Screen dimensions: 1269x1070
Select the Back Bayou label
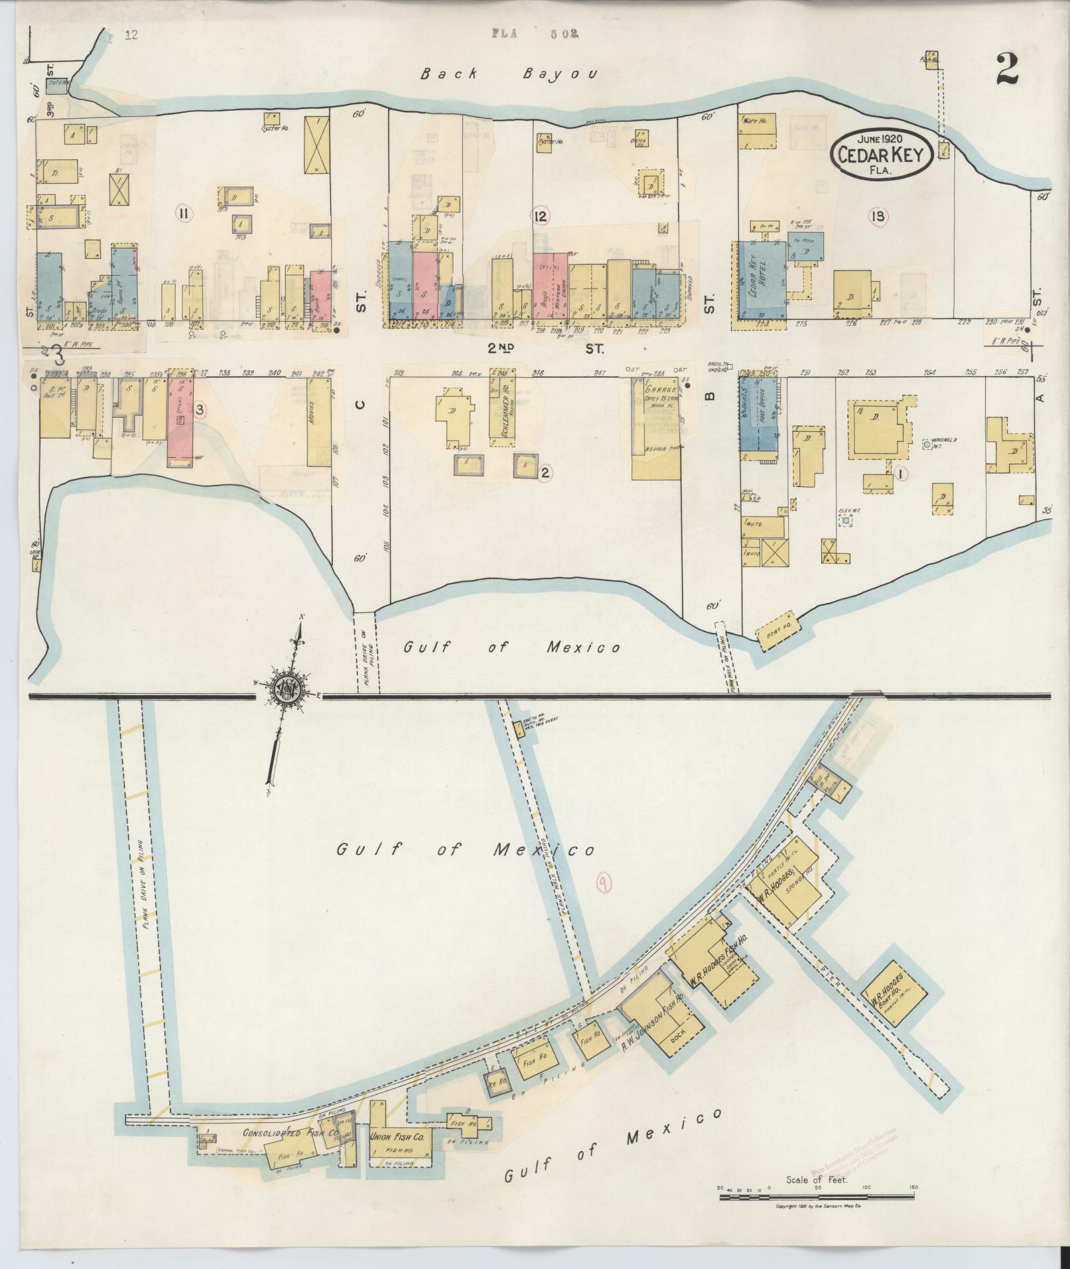509,74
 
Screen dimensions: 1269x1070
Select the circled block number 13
880,216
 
